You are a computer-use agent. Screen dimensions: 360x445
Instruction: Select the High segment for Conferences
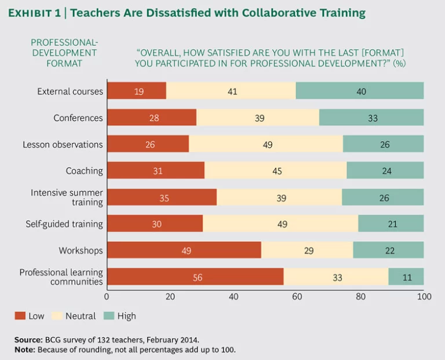click(371, 118)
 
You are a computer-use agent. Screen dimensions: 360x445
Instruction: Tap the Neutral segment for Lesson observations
click(266, 144)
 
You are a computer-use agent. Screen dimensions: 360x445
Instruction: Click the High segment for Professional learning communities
click(406, 277)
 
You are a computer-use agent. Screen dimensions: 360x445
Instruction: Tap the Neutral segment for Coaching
click(276, 171)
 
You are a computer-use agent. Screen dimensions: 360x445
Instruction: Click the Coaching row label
click(85, 171)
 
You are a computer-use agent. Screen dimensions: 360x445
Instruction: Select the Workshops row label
click(81, 250)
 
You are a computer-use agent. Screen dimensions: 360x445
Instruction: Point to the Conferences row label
click(78, 118)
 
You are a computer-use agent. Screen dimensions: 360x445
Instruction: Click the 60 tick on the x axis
click(297, 297)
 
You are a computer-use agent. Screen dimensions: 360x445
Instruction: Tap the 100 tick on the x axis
click(424, 297)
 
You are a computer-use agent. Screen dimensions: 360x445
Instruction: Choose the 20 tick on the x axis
click(171, 297)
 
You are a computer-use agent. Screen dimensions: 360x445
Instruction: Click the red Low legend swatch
click(20, 316)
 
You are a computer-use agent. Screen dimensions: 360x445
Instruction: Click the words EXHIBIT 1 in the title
click(32, 13)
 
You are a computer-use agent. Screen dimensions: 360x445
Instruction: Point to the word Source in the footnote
click(27, 340)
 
